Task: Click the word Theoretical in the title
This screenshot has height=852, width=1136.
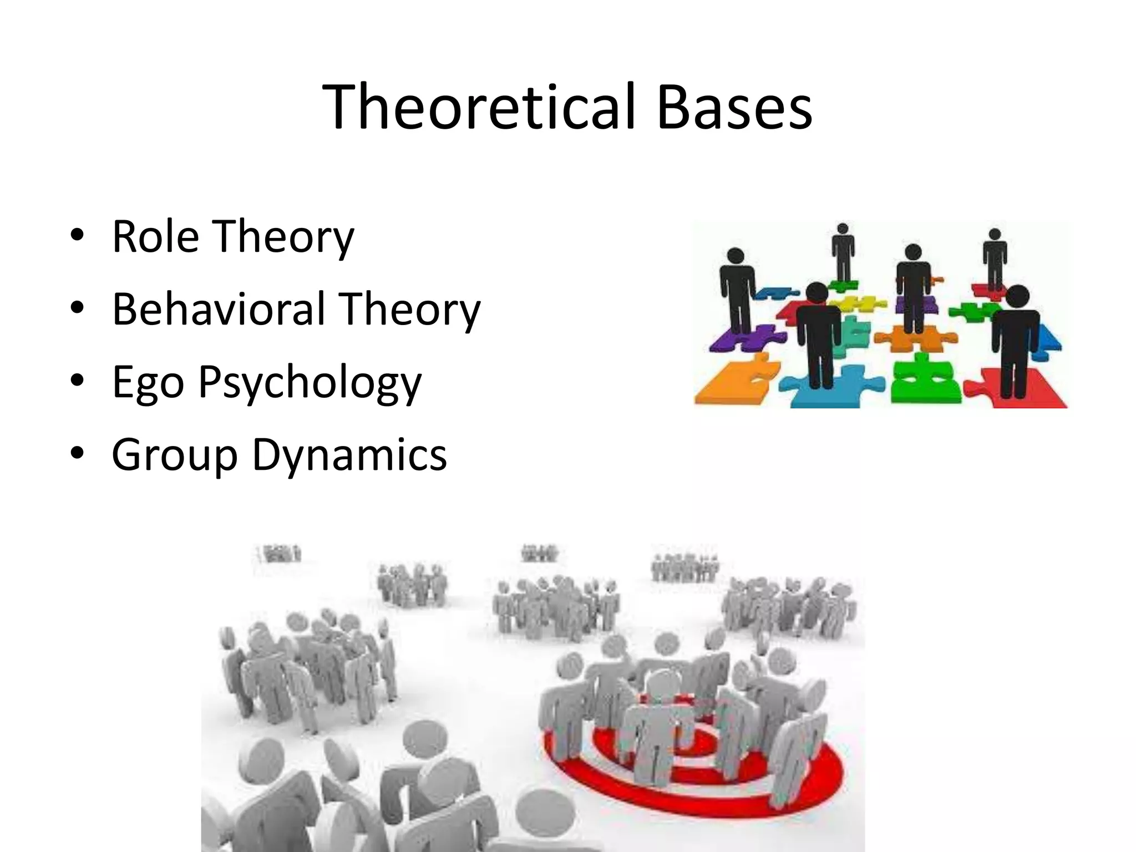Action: pos(478,106)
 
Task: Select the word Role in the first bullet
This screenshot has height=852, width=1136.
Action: pos(155,237)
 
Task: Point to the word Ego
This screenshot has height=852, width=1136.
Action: pos(148,383)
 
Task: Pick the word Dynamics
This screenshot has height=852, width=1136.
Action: pos(349,455)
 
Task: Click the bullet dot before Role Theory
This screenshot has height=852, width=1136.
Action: pos(77,235)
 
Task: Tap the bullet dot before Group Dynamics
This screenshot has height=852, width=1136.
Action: pos(77,453)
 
